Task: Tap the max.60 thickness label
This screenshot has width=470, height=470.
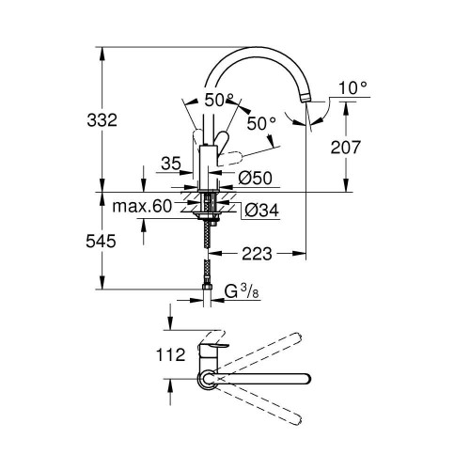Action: [142, 207]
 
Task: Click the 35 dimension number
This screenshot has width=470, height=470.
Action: [170, 164]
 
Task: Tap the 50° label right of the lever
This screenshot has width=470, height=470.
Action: [260, 121]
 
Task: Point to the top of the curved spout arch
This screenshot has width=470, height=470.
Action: [258, 52]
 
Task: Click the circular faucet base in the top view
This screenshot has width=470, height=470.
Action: [206, 379]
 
